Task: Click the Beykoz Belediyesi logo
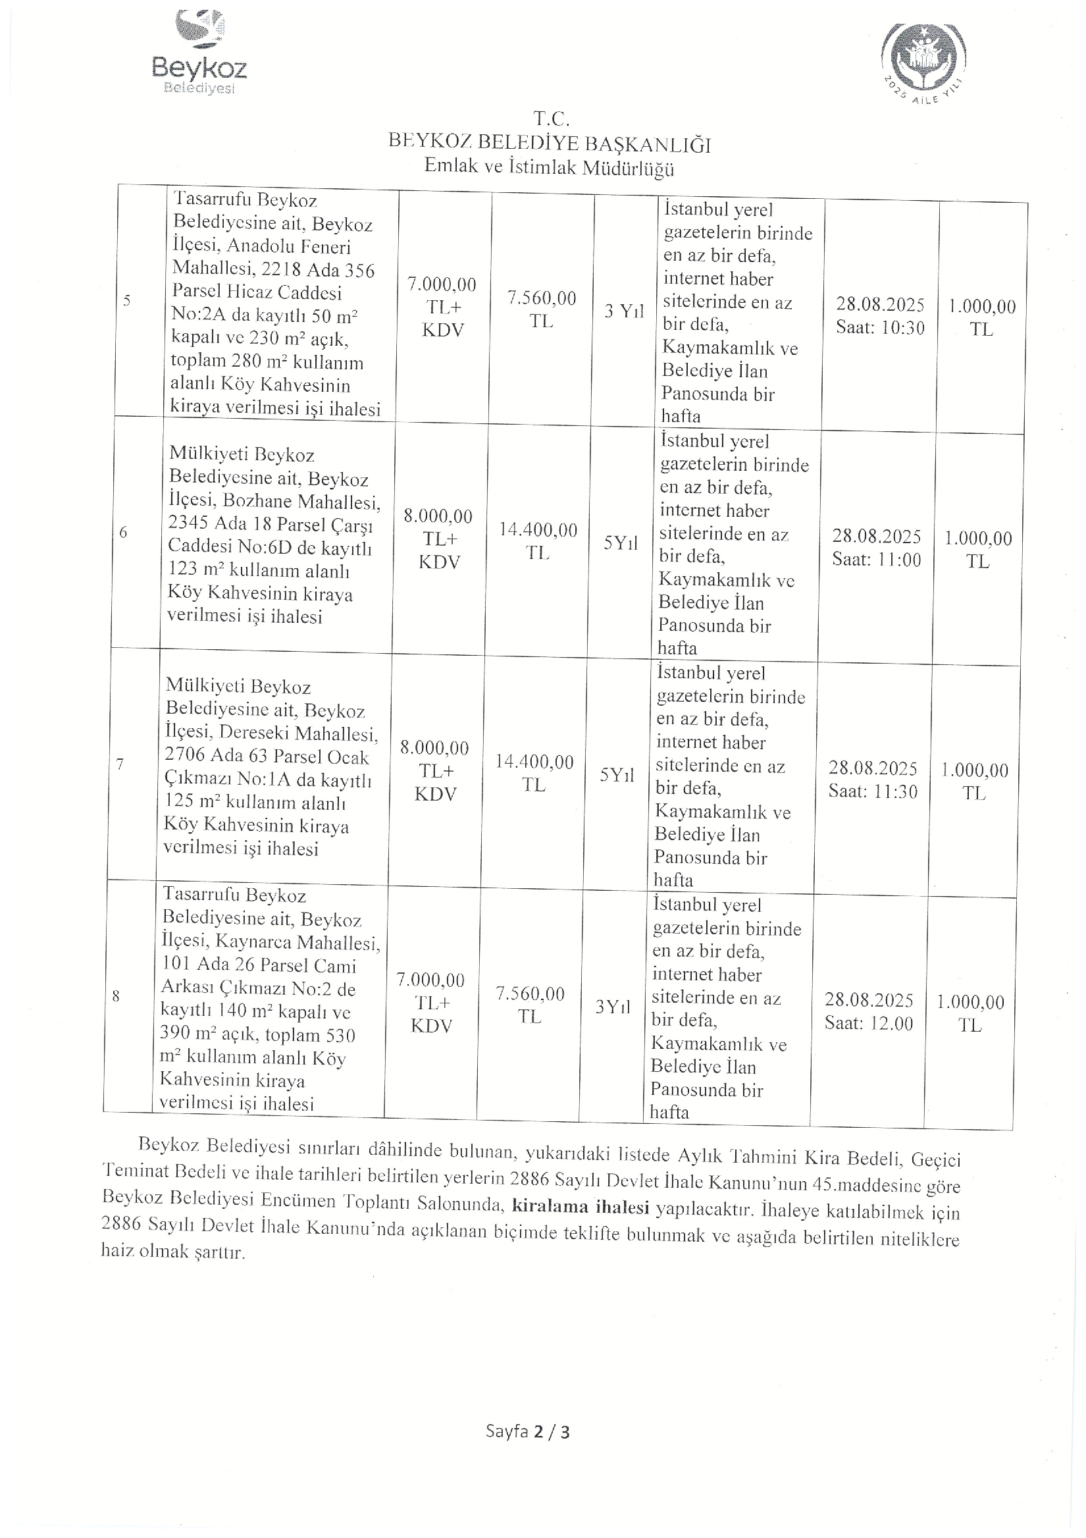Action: (x=199, y=53)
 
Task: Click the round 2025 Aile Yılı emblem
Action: (x=923, y=63)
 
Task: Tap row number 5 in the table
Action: (x=126, y=300)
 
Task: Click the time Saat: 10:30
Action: (x=880, y=328)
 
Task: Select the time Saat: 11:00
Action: (x=877, y=560)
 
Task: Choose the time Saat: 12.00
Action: (x=868, y=1023)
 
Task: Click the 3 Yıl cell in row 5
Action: (x=623, y=311)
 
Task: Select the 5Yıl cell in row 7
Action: (x=616, y=775)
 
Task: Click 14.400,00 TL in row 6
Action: (x=538, y=541)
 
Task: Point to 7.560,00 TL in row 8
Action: (x=530, y=1005)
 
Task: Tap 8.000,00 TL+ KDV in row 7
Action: (x=434, y=770)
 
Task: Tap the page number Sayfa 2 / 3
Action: (x=528, y=1432)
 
